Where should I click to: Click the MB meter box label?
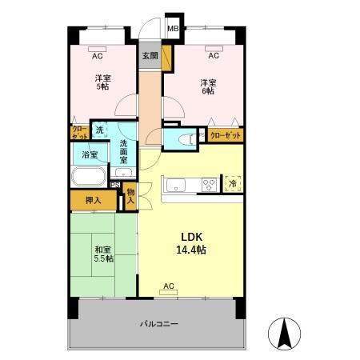[173, 28]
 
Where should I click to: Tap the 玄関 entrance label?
[150, 56]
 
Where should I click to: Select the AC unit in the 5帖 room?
[98, 49]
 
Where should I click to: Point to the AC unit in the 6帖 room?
[214, 49]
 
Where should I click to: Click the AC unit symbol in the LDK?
[168, 293]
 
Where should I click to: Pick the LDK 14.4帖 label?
[191, 243]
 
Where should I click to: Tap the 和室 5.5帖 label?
[103, 254]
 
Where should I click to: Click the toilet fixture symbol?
[186, 139]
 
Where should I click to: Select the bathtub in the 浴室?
[89, 177]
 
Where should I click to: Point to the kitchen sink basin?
[176, 185]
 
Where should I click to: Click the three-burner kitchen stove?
[209, 185]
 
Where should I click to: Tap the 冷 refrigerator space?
[233, 183]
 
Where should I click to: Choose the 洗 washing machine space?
[99, 130]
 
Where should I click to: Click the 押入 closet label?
[94, 200]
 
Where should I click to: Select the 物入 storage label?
[130, 196]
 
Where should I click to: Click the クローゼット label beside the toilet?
[226, 136]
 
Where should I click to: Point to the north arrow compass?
[284, 334]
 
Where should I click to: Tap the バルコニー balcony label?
[159, 324]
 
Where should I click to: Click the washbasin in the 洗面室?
[123, 172]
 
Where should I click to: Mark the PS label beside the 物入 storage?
[115, 185]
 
